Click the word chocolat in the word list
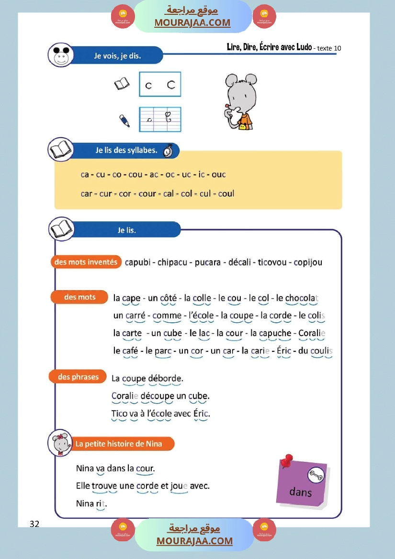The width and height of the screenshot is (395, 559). [302, 298]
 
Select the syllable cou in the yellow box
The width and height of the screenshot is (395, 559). [135, 175]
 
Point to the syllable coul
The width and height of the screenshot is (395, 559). [226, 194]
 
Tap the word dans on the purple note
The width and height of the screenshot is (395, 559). [300, 492]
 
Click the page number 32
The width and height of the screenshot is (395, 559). [34, 524]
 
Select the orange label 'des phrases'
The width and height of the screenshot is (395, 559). [78, 377]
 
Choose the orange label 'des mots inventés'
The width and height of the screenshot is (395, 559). [86, 262]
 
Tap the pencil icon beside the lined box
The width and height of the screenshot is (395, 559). [124, 120]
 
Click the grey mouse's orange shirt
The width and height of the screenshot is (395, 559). [245, 120]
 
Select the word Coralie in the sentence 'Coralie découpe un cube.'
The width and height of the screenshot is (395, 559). [124, 396]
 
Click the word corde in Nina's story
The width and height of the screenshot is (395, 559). [147, 486]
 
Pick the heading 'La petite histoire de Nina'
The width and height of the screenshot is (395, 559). [119, 444]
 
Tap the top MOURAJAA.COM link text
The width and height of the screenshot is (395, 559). [192, 23]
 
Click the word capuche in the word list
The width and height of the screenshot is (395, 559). [277, 333]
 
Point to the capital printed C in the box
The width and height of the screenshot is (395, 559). [171, 85]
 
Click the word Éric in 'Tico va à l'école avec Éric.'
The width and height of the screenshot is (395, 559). [201, 413]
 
